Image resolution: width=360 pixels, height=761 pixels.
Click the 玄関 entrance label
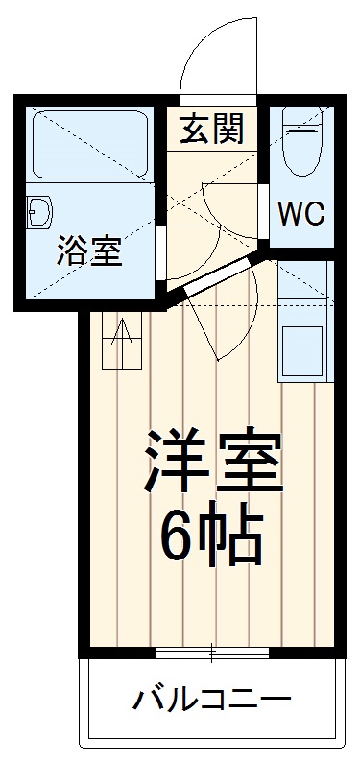click(x=208, y=128)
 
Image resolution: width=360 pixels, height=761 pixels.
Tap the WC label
click(x=300, y=213)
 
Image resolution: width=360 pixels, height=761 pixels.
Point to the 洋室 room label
click(x=213, y=462)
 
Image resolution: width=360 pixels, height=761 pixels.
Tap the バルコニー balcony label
click(x=211, y=699)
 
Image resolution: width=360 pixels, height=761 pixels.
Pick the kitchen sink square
click(x=303, y=351)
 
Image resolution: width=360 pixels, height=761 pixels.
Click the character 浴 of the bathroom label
click(x=70, y=252)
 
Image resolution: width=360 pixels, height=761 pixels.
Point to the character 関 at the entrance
click(x=227, y=128)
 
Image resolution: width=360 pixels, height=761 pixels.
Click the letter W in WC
click(x=290, y=213)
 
